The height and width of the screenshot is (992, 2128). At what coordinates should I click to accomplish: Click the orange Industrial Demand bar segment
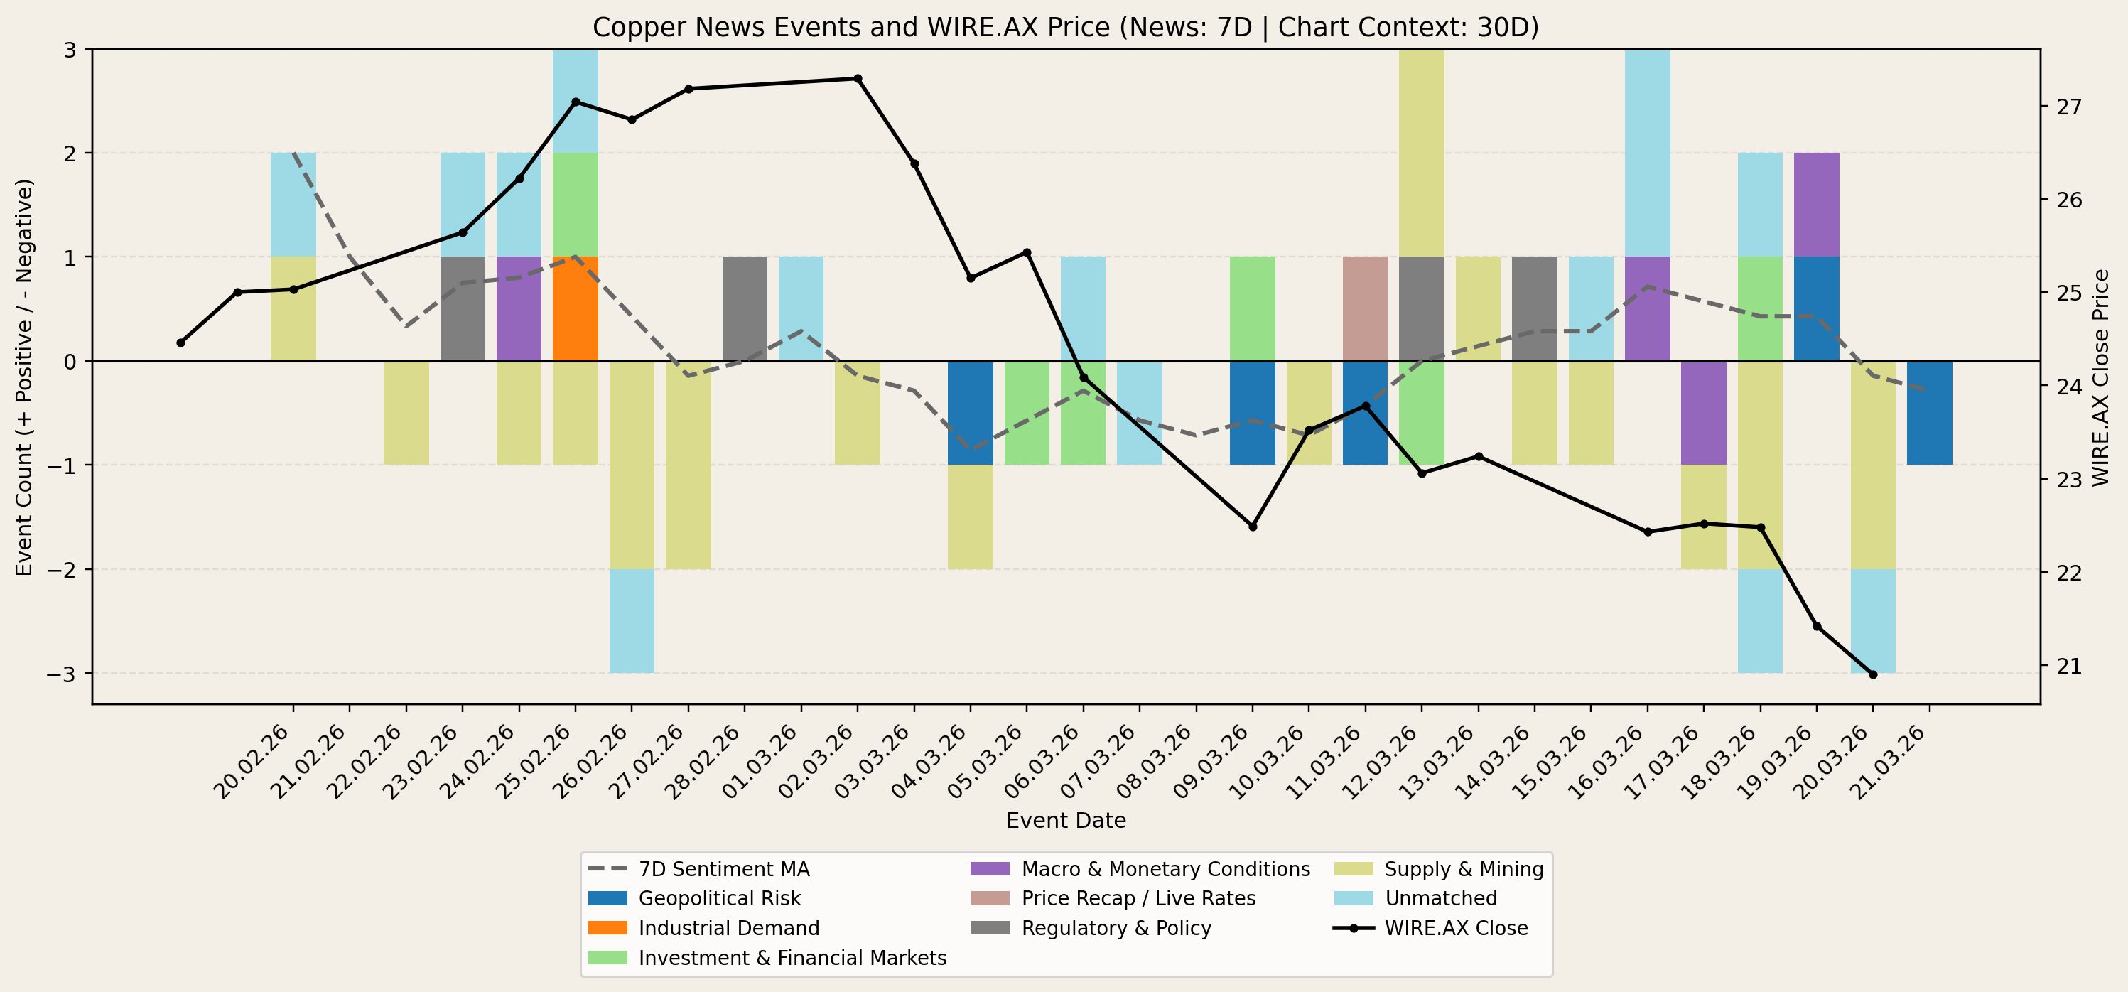pyautogui.click(x=575, y=309)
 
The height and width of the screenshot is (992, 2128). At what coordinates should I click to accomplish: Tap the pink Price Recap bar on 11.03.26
pyautogui.click(x=1365, y=309)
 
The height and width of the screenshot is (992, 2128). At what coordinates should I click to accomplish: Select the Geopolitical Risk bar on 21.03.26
pyautogui.click(x=1929, y=413)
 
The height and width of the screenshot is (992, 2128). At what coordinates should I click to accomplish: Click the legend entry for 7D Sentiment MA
pyautogui.click(x=723, y=869)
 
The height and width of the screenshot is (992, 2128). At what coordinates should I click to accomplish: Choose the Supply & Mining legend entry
pyautogui.click(x=1463, y=869)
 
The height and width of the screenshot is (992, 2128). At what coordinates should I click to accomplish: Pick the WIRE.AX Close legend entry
pyautogui.click(x=1456, y=927)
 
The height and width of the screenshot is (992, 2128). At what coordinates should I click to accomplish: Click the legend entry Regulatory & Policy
pyautogui.click(x=1116, y=927)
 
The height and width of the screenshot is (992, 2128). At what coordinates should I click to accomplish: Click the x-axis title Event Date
pyautogui.click(x=1066, y=820)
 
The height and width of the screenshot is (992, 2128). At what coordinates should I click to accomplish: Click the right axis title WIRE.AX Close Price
pyautogui.click(x=2101, y=377)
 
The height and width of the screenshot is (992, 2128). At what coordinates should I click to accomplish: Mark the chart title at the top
pyautogui.click(x=1066, y=27)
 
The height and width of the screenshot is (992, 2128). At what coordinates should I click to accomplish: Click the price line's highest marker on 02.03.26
pyautogui.click(x=858, y=78)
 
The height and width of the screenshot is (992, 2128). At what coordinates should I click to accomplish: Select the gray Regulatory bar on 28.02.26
pyautogui.click(x=745, y=309)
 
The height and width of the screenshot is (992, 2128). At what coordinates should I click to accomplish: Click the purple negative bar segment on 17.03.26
pyautogui.click(x=1703, y=413)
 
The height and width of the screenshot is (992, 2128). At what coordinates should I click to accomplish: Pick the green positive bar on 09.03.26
pyautogui.click(x=1253, y=309)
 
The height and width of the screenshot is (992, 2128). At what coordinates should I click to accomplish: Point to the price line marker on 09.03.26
pyautogui.click(x=1253, y=526)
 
